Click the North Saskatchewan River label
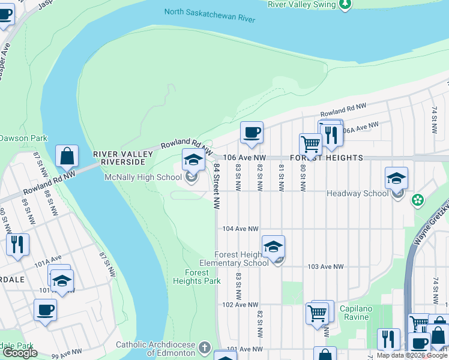click(x=209, y=15)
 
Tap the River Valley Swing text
click(x=301, y=4)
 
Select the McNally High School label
click(x=143, y=177)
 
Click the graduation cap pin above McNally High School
click(x=193, y=160)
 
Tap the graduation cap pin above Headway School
click(x=396, y=178)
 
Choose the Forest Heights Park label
click(x=197, y=277)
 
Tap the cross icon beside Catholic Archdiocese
click(x=204, y=347)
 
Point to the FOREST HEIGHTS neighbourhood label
click(x=327, y=157)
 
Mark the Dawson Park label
click(x=23, y=138)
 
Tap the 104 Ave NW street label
click(x=240, y=229)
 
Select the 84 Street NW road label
click(x=215, y=188)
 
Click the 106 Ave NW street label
click(x=244, y=157)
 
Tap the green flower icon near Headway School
click(x=418, y=200)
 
